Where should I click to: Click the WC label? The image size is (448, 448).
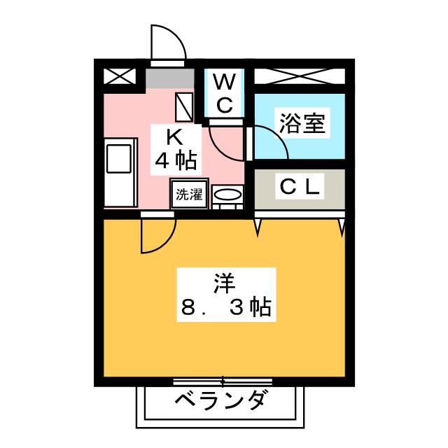[224, 93]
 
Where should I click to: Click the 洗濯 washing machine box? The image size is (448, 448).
[188, 195]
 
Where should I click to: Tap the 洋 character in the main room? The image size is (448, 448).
[223, 283]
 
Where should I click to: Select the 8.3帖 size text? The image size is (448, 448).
[224, 308]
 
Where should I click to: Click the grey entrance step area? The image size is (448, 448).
[169, 78]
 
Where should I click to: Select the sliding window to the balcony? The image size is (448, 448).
[223, 382]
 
